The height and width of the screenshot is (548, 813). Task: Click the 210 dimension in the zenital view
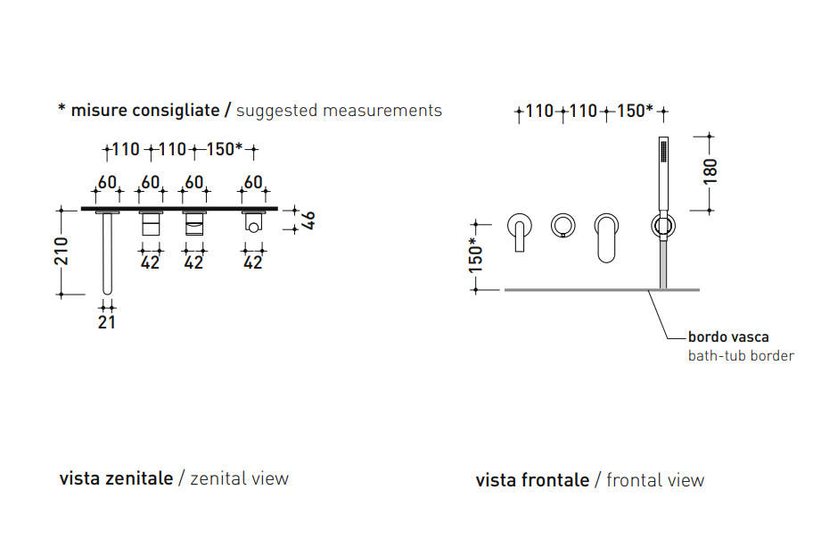click(62, 251)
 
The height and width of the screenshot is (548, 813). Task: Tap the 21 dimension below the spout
click(107, 322)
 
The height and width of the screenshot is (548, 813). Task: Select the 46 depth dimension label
click(308, 220)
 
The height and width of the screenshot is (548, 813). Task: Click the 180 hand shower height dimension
click(710, 171)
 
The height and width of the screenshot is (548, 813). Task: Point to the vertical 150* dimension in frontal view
click(475, 255)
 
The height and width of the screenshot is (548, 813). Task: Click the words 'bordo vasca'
click(728, 336)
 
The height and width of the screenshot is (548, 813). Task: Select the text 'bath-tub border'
click(741, 355)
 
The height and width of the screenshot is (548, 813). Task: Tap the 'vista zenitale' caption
click(116, 478)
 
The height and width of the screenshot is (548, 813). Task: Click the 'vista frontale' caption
click(532, 480)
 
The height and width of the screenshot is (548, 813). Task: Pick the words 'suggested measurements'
click(339, 110)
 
